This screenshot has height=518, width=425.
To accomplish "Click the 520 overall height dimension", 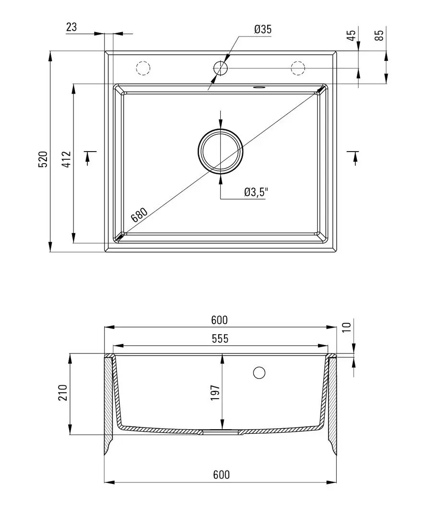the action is (43, 159).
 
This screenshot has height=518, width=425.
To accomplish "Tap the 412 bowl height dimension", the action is (67, 159).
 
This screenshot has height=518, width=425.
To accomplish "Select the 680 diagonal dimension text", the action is (139, 215).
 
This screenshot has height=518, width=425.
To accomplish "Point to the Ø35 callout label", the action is (263, 29).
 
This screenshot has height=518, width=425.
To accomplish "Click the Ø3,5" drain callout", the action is (256, 192).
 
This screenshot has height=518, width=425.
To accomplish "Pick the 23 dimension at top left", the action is (71, 27).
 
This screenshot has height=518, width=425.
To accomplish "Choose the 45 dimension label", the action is (352, 35).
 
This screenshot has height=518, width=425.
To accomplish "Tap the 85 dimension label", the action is (380, 35).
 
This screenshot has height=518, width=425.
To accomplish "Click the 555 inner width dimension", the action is (220, 339).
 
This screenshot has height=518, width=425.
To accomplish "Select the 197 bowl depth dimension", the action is (215, 392).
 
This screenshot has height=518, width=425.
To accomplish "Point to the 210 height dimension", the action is (63, 392).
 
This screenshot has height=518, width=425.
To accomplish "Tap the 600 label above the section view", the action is (220, 320).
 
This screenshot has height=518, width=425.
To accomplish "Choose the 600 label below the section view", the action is (222, 475).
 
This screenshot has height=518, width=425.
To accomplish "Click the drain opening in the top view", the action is (221, 151).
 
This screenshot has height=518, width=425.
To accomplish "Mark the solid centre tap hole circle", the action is (221, 68).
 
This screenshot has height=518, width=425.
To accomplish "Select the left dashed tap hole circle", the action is (143, 68).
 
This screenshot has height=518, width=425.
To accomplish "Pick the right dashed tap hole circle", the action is (298, 68).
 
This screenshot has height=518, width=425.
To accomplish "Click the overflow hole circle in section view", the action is (259, 373).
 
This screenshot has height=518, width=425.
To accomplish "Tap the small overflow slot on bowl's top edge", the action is (259, 88).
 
